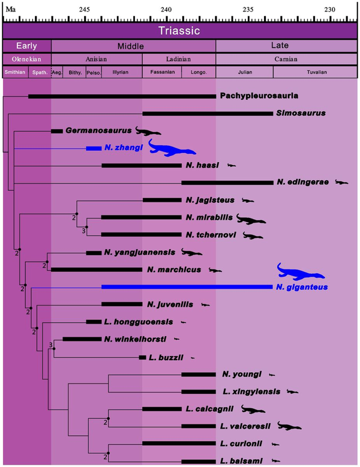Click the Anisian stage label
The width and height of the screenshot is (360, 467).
[x=97, y=59]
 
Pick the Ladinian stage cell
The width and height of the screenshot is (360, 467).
[x=178, y=59]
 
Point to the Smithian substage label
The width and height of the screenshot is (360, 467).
[x=15, y=72]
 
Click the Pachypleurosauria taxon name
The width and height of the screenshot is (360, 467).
[x=259, y=95]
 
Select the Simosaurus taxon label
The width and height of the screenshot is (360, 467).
[x=300, y=113]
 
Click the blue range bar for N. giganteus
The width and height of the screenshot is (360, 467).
[x=186, y=287]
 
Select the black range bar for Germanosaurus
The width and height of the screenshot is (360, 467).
[x=57, y=130]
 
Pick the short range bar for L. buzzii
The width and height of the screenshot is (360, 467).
[x=142, y=357]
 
